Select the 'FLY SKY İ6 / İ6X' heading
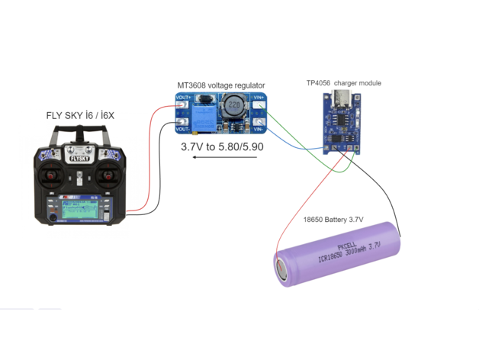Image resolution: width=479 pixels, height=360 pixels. coord(81,116)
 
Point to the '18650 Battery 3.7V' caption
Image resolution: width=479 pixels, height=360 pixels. coord(333,220)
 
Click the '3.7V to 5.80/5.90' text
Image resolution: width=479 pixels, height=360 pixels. coord(221,146)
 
